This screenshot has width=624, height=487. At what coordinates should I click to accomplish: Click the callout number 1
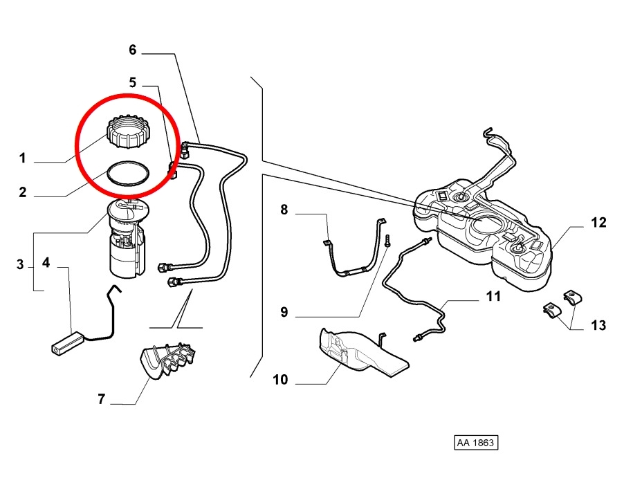[23, 158]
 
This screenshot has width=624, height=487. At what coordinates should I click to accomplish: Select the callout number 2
[23, 192]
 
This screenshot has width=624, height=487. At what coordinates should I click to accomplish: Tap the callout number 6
[133, 50]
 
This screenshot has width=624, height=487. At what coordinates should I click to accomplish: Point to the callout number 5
[133, 82]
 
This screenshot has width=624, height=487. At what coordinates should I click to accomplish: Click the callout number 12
[598, 222]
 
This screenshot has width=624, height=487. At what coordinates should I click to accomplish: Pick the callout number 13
[598, 325]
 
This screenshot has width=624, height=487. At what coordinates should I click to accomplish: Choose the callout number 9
[284, 311]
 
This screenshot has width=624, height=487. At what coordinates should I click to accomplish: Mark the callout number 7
[102, 398]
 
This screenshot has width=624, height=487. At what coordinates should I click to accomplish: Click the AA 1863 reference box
[476, 443]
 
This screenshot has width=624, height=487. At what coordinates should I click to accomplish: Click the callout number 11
[493, 296]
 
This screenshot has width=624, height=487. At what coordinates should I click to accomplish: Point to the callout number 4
[46, 262]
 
